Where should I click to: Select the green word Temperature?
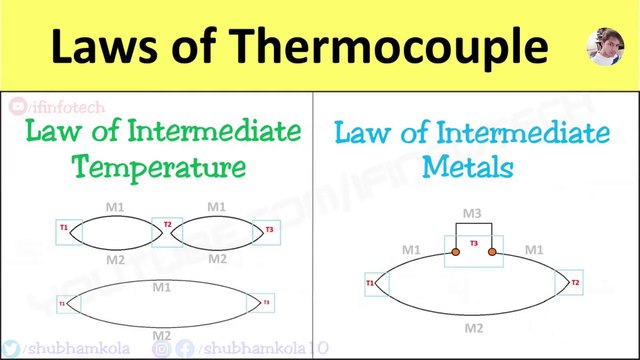[x=163, y=165]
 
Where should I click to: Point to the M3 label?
[x=473, y=214]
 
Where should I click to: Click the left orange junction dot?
[x=455, y=252]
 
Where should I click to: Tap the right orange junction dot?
[x=492, y=252]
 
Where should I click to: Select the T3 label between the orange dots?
[x=474, y=243]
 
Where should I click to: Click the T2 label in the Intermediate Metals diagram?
[x=574, y=283]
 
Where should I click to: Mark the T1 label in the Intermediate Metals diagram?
[x=370, y=284]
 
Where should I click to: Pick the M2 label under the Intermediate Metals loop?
[x=474, y=327]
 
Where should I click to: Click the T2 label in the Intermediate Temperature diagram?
[x=167, y=225]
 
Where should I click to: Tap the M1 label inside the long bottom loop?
[x=161, y=287]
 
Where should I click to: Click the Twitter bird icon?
[x=10, y=348]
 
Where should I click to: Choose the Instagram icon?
[x=160, y=348]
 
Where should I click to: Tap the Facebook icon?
[x=184, y=348]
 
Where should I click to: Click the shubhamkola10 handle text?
[x=256, y=348]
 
